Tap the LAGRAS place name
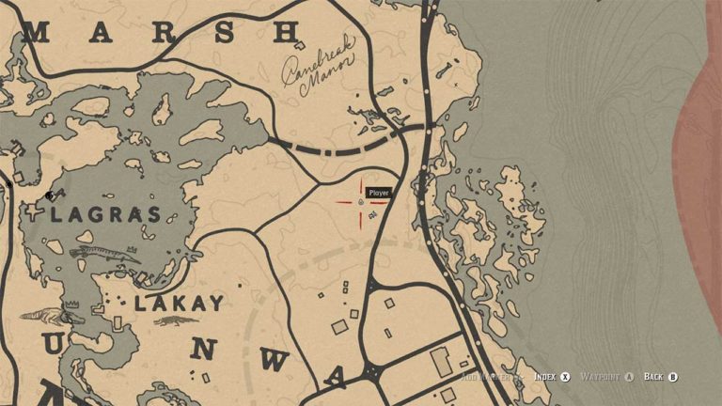(105, 214)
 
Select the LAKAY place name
(179, 304)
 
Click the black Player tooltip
(379, 193)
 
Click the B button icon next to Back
(673, 377)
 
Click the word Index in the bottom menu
(544, 377)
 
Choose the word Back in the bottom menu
(653, 377)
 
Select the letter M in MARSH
(37, 34)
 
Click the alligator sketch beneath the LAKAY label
(170, 322)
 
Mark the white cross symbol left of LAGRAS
(36, 212)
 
